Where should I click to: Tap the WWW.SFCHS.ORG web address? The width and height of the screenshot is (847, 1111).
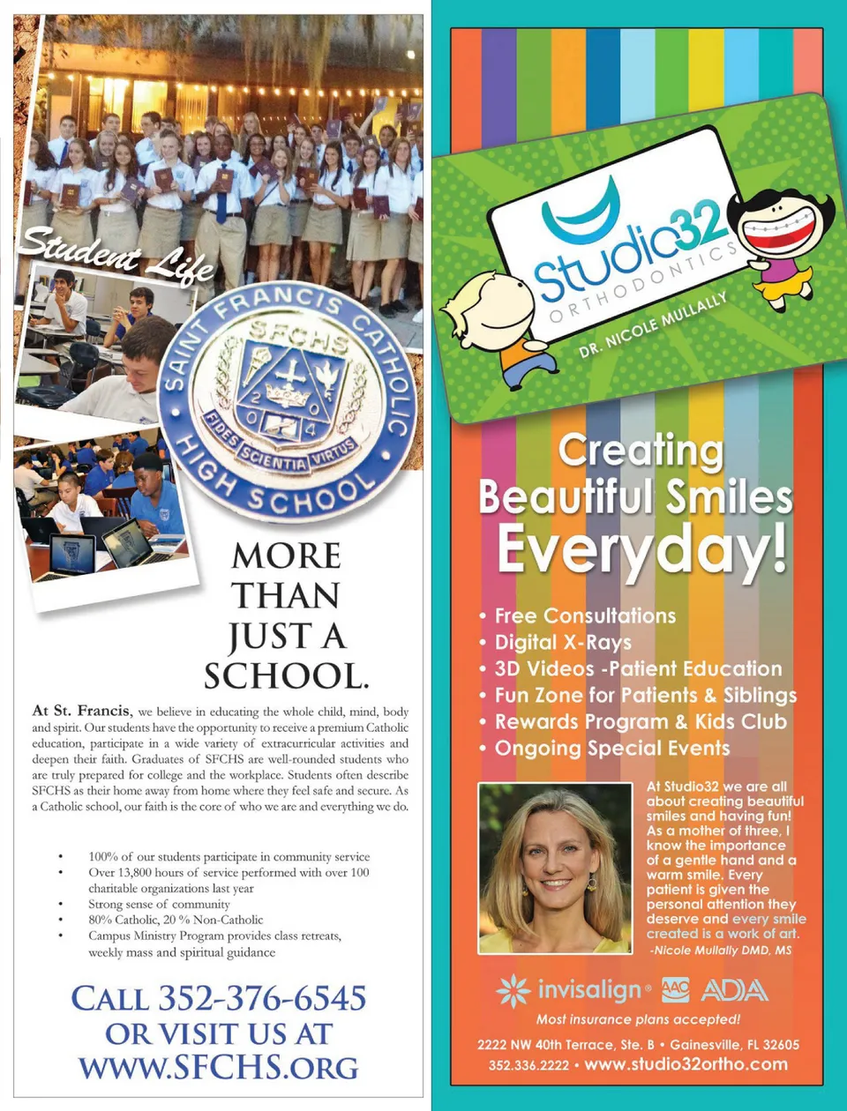tap(219, 1067)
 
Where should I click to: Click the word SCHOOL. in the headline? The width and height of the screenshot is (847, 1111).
tap(286, 676)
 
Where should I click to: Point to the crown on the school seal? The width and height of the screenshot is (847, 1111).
tap(288, 393)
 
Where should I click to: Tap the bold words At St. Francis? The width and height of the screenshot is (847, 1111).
tap(81, 711)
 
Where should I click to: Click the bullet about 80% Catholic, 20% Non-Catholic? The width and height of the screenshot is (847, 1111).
tap(176, 920)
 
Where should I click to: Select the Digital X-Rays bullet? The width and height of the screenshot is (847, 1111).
tap(563, 643)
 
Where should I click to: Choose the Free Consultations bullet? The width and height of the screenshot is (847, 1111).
tap(585, 616)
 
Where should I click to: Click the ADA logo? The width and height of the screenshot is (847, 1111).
tap(734, 990)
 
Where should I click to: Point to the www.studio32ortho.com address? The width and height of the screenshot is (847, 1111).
tap(686, 1064)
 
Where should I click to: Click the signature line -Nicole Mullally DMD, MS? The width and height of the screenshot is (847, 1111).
tap(721, 950)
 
